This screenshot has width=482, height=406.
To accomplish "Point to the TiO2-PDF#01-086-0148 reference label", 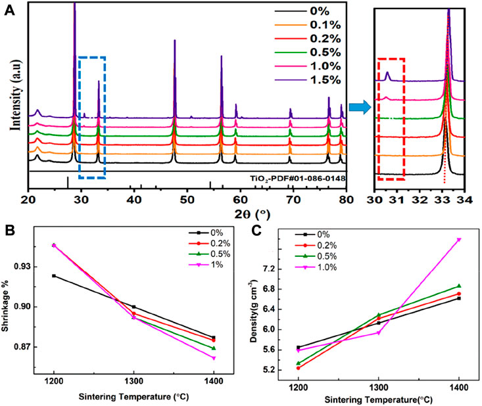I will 297,178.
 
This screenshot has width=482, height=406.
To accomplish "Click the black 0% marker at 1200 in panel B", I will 54,276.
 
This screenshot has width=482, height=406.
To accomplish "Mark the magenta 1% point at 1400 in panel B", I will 213,358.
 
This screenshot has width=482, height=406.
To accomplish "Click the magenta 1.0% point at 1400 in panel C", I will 458,240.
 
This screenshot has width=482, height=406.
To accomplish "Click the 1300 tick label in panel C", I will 378,389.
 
